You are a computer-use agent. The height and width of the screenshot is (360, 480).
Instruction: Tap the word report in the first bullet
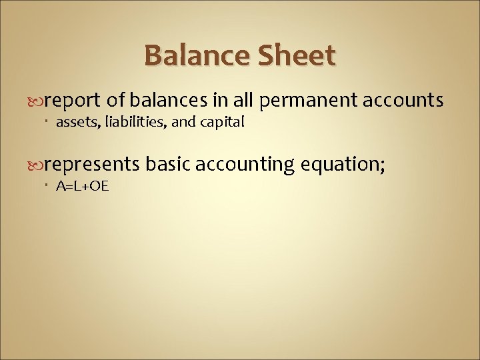tap(73, 100)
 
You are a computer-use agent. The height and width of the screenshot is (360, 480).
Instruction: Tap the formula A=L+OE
tap(82, 185)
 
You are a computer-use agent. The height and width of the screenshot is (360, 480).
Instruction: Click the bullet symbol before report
tap(37, 101)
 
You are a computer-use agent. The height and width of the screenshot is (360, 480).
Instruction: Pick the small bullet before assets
tap(50, 122)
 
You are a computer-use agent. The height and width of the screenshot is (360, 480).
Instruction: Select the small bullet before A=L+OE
tap(50, 186)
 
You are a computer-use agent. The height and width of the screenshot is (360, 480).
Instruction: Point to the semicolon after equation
tap(381, 165)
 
